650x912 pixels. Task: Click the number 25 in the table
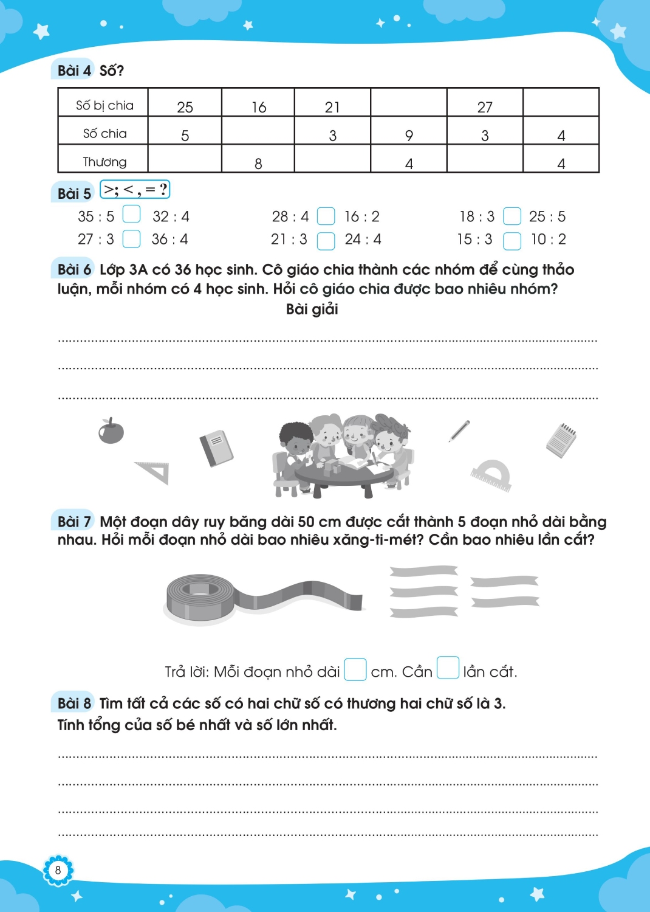(185, 107)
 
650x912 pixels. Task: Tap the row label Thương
(104, 162)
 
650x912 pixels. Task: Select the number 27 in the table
(485, 107)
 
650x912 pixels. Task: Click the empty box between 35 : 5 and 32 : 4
(131, 215)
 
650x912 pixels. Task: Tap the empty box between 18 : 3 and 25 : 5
(512, 216)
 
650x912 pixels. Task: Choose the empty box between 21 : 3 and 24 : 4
(326, 241)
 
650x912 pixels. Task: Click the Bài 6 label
(74, 269)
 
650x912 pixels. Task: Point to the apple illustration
(111, 430)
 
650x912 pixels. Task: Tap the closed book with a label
(216, 448)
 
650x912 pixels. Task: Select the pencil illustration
(459, 430)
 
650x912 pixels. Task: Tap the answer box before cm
(355, 669)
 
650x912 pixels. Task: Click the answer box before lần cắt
(448, 668)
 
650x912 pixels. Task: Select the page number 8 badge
(58, 870)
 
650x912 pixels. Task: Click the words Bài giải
(312, 309)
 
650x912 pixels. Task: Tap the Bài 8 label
(74, 703)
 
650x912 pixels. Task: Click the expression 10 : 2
(548, 240)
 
